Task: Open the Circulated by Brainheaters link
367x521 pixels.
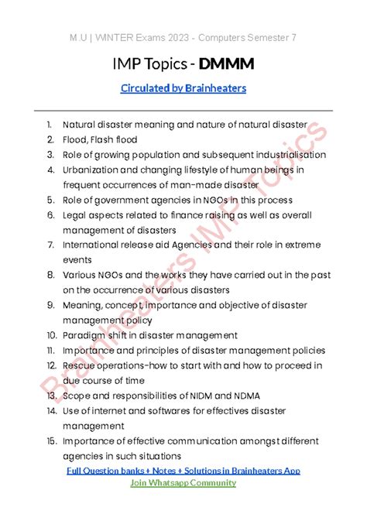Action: [x=183, y=88]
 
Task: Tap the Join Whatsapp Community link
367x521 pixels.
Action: [x=183, y=482]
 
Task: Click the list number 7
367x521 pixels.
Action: [x=50, y=245]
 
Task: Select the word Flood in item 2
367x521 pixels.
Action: [x=76, y=139]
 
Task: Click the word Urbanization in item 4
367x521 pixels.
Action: [x=91, y=170]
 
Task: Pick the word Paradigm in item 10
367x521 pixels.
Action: [x=84, y=335]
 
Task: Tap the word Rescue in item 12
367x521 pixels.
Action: [x=80, y=365]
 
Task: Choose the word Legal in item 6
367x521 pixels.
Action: [x=76, y=214]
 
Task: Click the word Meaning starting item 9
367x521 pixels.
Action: [x=83, y=305]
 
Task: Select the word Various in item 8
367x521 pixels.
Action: [x=81, y=275]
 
